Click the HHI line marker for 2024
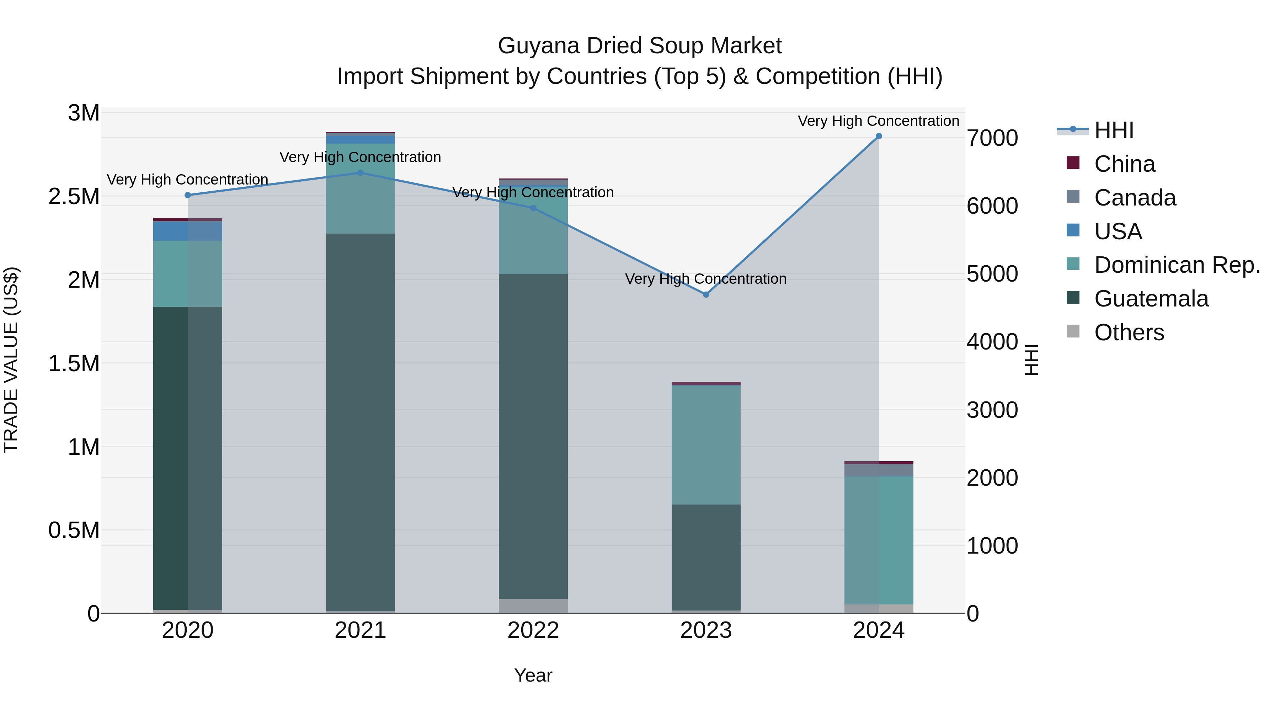point(879,136)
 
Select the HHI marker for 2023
point(705,295)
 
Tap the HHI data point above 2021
point(360,173)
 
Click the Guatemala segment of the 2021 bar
point(360,422)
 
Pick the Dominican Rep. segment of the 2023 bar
point(705,445)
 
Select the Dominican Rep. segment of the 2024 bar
point(879,540)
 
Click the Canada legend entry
point(1135,198)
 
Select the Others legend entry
point(1129,332)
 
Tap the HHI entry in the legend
point(1114,130)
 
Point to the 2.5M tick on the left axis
point(74,197)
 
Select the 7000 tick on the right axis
point(992,138)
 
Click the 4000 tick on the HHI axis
point(992,342)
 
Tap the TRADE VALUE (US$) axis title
point(11,360)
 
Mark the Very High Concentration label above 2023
point(705,279)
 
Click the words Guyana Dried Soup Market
point(640,46)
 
